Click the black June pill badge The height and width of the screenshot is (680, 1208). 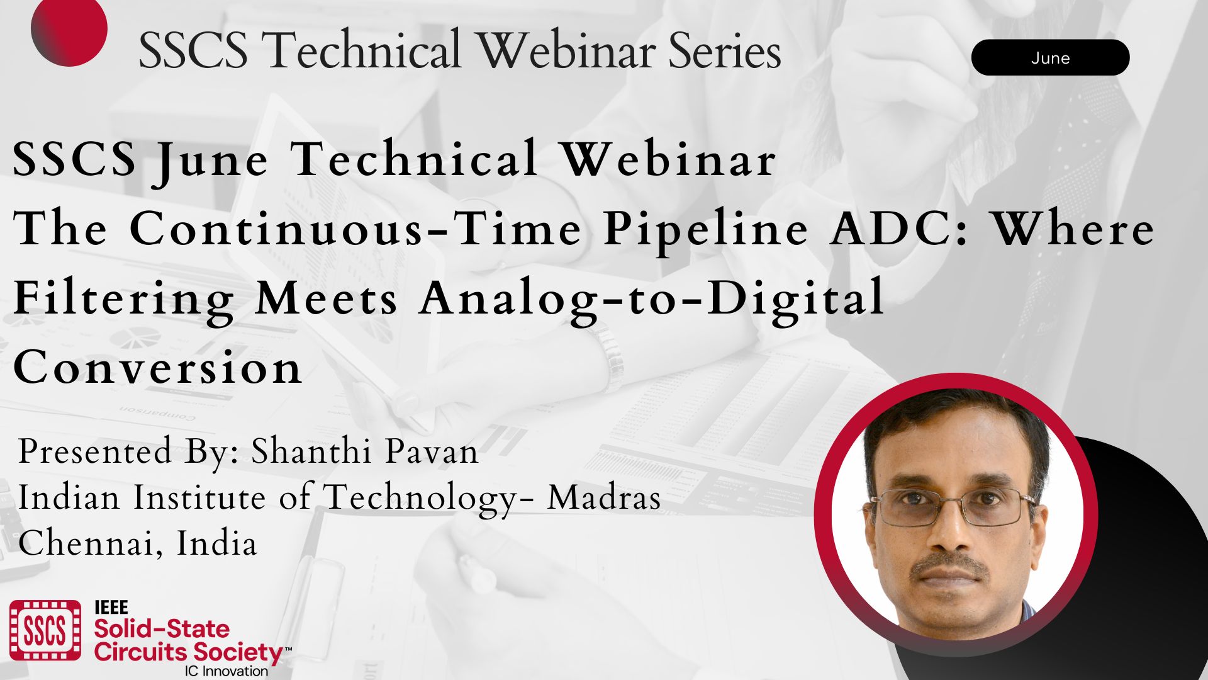click(1050, 57)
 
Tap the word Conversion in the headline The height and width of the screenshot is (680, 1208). click(158, 367)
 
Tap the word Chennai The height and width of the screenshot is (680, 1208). click(84, 543)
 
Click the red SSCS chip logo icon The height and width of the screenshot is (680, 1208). click(45, 630)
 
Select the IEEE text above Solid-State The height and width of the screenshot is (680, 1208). click(111, 608)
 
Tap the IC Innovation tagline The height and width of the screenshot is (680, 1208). click(226, 671)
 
